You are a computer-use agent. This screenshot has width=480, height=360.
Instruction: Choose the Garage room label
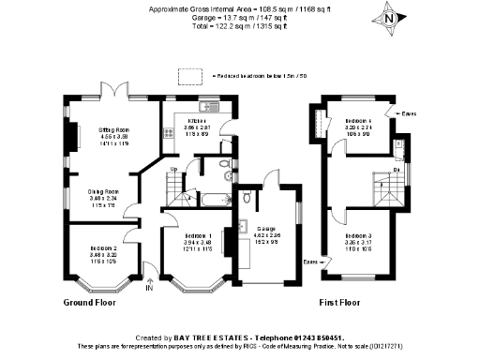(268, 229)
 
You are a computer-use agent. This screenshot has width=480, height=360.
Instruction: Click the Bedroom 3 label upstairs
(359, 235)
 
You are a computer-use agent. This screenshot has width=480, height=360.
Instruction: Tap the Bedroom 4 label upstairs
(359, 122)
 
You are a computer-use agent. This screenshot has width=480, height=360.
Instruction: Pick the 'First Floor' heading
(339, 304)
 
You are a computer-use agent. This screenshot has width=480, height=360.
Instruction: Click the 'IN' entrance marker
(149, 288)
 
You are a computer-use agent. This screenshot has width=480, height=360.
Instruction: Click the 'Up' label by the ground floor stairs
(172, 170)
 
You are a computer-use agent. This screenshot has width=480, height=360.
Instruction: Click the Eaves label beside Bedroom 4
(407, 114)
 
